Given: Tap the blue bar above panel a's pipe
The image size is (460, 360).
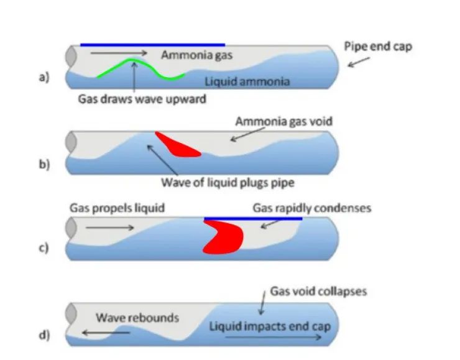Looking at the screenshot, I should coord(152,45).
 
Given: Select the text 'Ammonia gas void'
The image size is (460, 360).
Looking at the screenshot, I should coord(283,122).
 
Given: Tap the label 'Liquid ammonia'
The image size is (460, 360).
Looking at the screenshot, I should coord(247,81).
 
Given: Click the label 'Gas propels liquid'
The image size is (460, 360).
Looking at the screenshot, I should coord(126,208).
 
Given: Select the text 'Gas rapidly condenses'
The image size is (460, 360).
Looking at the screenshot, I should coord(312,208).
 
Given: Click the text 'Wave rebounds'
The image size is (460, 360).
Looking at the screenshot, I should coord(137,318).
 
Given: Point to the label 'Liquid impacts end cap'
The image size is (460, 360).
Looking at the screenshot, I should coord(270,326).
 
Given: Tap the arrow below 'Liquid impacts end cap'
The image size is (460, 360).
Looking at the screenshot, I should coord(274,338).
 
